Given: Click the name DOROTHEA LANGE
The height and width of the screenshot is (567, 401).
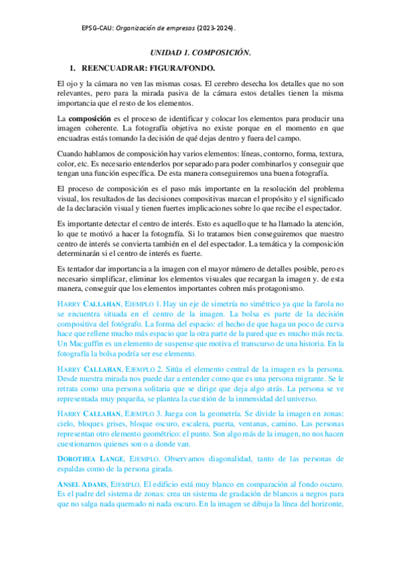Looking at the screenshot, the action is tap(91, 459).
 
